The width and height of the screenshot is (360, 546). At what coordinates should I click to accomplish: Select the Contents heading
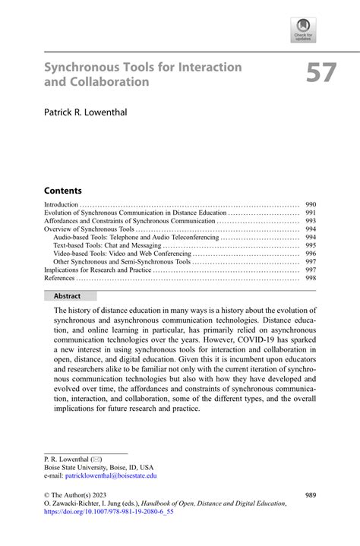63,190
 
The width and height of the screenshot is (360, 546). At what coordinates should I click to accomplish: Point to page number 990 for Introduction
311,205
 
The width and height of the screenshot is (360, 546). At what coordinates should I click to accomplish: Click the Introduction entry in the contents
62,205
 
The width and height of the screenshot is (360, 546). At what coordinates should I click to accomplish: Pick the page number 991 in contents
311,213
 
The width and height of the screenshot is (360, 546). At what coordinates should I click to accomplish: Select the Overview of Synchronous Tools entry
89,229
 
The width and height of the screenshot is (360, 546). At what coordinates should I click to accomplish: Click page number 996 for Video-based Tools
311,254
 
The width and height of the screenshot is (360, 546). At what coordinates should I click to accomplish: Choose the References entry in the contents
59,278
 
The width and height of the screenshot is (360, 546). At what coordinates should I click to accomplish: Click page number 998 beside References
311,278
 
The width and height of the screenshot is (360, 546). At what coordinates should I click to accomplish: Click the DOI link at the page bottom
109,513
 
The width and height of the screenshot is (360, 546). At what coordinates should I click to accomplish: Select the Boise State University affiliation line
98,468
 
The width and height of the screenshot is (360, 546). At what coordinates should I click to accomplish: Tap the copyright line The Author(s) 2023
81,495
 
